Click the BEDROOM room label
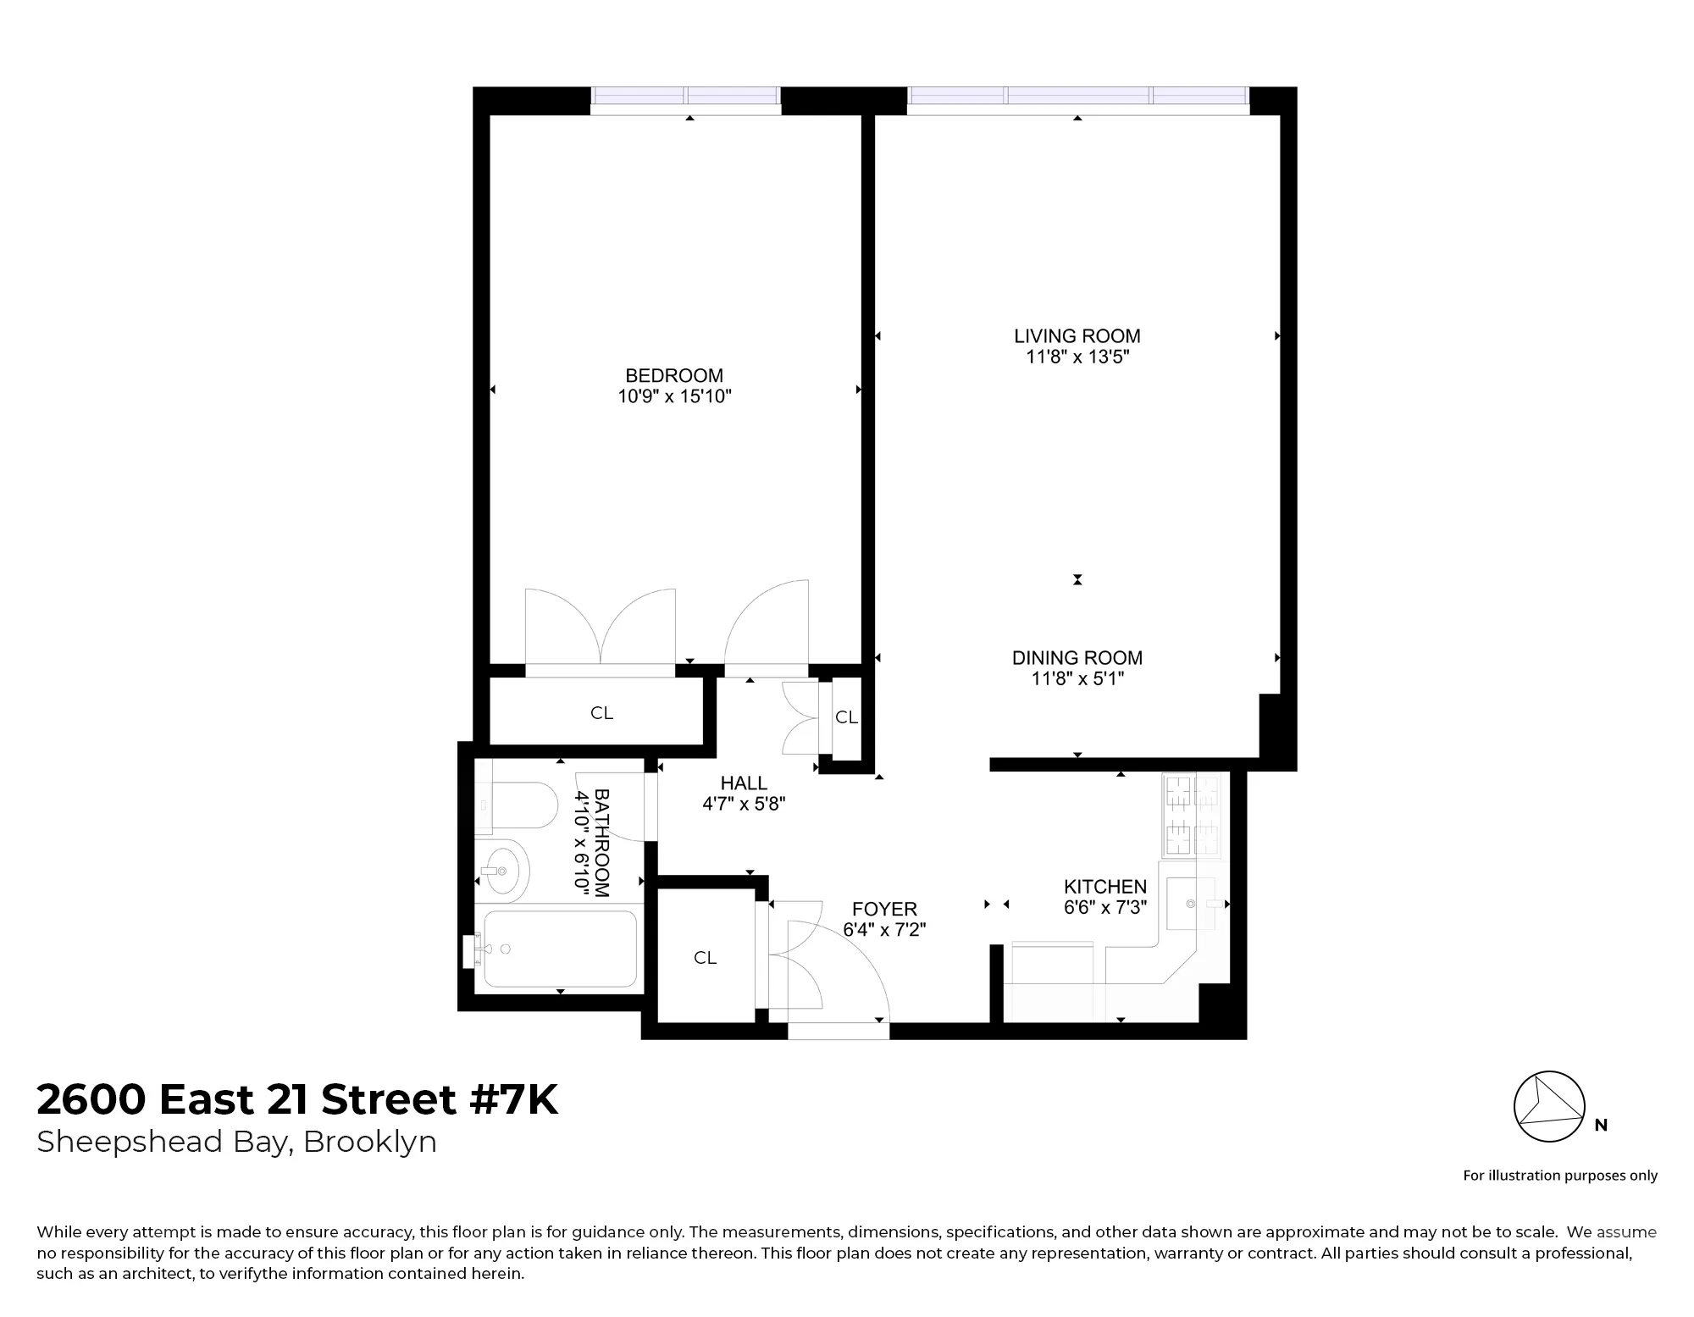[x=674, y=375]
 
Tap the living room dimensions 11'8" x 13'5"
[x=1077, y=357]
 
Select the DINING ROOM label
[x=1077, y=658]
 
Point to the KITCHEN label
[x=1105, y=887]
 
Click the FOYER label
[x=884, y=910]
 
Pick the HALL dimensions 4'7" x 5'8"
[x=744, y=804]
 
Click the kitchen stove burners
[x=1193, y=815]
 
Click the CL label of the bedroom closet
[x=601, y=713]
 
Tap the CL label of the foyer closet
[x=705, y=958]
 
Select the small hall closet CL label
[x=846, y=717]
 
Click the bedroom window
[x=685, y=100]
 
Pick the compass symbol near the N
[x=1548, y=1106]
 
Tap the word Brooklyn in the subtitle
[x=370, y=1143]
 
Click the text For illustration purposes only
[x=1560, y=1176]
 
